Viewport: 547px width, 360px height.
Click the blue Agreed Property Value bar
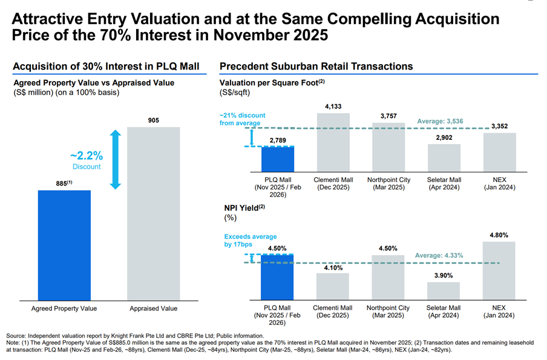click(64, 244)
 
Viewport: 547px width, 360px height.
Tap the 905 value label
click(153, 120)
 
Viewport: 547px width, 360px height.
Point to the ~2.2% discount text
click(87, 155)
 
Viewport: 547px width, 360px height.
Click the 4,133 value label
click(333, 107)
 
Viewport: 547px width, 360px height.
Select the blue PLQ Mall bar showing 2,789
click(277, 159)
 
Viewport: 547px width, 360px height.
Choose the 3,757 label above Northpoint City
click(388, 117)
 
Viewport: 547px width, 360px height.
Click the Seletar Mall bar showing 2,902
click(444, 158)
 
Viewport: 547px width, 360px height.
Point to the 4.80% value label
click(499, 235)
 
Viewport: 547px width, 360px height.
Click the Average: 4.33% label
click(439, 256)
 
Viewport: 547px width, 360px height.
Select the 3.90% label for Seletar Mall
click(444, 275)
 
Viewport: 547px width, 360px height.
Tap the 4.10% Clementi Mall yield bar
click(333, 287)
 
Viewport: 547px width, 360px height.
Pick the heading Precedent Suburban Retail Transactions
click(316, 66)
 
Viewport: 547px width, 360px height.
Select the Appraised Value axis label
click(153, 309)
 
